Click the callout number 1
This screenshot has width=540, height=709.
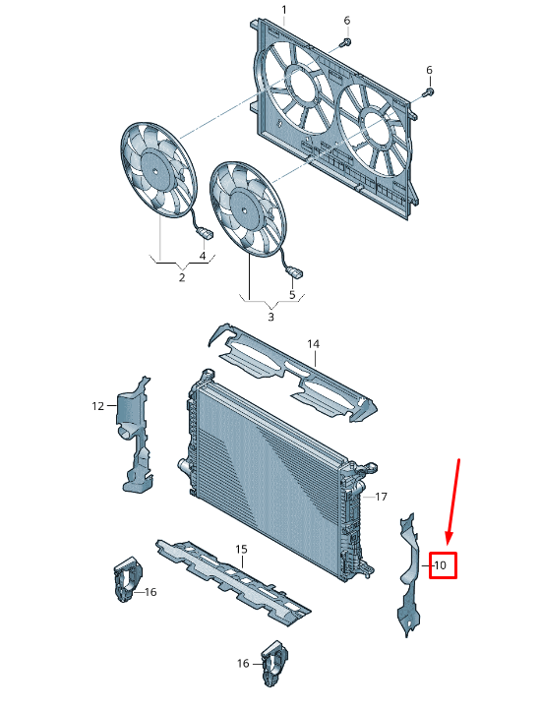pos(284,10)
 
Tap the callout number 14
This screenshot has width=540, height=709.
pos(313,344)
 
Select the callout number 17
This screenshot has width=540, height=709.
pos(382,497)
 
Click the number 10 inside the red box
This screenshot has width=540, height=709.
pos(440,564)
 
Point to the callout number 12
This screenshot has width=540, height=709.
pos(97,406)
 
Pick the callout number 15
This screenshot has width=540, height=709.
pos(242,549)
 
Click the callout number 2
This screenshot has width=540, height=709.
pos(182,277)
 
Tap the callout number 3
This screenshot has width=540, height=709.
pos(270,317)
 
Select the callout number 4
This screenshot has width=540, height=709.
pos(203,256)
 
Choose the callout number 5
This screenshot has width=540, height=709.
pos(292,295)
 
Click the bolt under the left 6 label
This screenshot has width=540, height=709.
pos(346,43)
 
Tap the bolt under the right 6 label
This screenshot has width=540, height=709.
pos(428,92)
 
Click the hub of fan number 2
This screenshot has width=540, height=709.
pos(154,170)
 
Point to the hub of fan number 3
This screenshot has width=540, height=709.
pos(244,210)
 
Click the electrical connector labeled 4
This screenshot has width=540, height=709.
pos(206,233)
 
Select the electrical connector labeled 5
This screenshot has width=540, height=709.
pos(295,272)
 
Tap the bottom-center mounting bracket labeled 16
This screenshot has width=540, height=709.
pos(274,663)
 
